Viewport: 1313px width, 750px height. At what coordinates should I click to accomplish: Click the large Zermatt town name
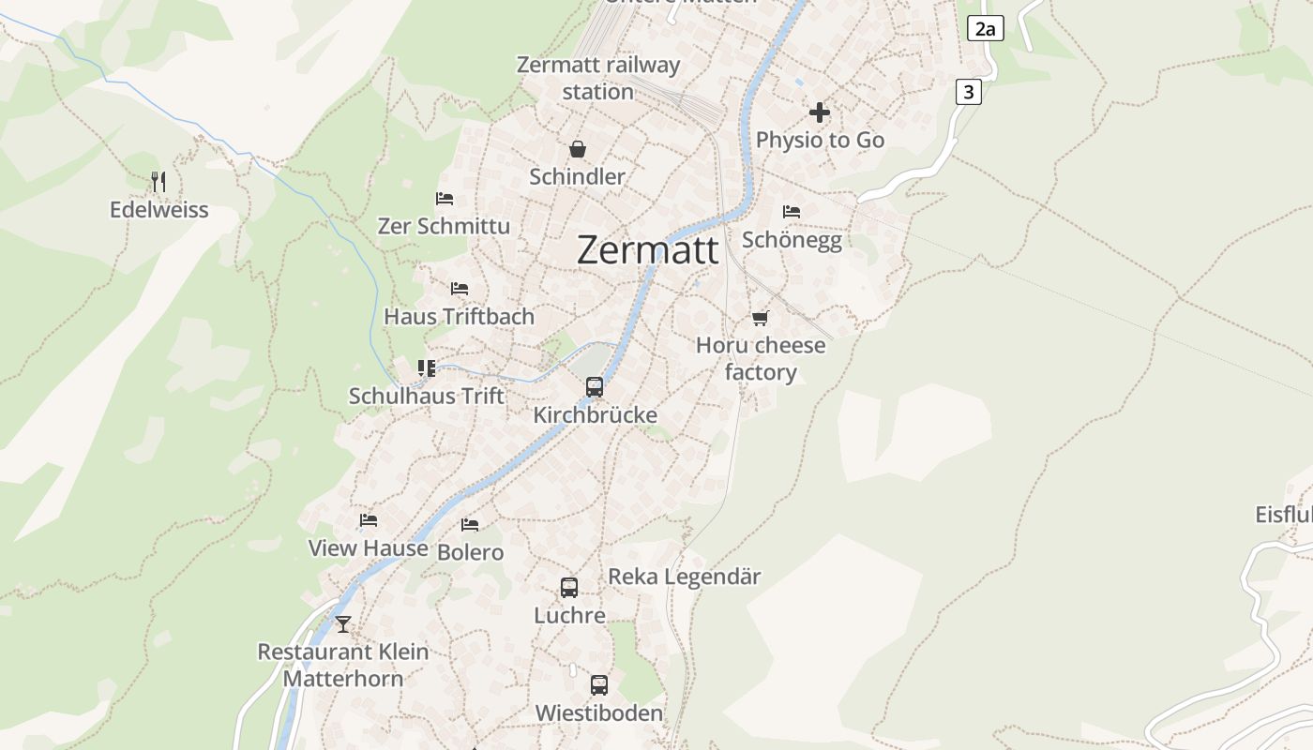pyautogui.click(x=648, y=250)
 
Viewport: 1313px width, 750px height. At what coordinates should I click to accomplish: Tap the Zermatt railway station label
pyautogui.click(x=598, y=79)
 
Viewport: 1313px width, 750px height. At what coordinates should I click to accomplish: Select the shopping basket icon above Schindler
pyautogui.click(x=578, y=149)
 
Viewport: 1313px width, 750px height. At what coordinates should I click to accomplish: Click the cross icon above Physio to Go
pyautogui.click(x=820, y=112)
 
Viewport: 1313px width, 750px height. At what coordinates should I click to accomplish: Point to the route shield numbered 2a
pyautogui.click(x=985, y=29)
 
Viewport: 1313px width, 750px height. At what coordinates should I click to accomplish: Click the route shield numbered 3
pyautogui.click(x=969, y=92)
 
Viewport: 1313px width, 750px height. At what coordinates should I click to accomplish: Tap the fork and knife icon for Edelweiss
pyautogui.click(x=158, y=181)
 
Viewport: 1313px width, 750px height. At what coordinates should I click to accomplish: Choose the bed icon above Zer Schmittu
pyautogui.click(x=445, y=199)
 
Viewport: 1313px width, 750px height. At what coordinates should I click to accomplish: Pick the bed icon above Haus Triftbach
pyautogui.click(x=460, y=289)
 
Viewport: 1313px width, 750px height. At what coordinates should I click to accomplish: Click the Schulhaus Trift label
pyautogui.click(x=427, y=396)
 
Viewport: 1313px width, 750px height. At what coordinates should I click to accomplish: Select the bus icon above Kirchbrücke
pyautogui.click(x=595, y=386)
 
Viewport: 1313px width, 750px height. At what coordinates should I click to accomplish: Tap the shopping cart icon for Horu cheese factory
pyautogui.click(x=761, y=319)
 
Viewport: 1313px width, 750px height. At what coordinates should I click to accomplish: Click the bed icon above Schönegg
pyautogui.click(x=792, y=212)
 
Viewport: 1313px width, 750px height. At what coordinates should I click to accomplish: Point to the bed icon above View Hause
pyautogui.click(x=369, y=520)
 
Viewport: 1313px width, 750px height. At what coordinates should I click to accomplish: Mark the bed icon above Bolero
pyautogui.click(x=470, y=525)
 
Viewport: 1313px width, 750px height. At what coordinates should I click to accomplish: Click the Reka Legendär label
pyautogui.click(x=685, y=577)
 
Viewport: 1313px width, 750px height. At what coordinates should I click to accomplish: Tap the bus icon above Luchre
pyautogui.click(x=569, y=588)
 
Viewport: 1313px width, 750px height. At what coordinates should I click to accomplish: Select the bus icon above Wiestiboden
pyautogui.click(x=599, y=685)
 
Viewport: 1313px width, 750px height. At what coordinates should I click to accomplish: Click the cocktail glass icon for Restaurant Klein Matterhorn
pyautogui.click(x=343, y=623)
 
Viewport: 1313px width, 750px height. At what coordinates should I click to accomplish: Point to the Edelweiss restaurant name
pyautogui.click(x=159, y=210)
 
